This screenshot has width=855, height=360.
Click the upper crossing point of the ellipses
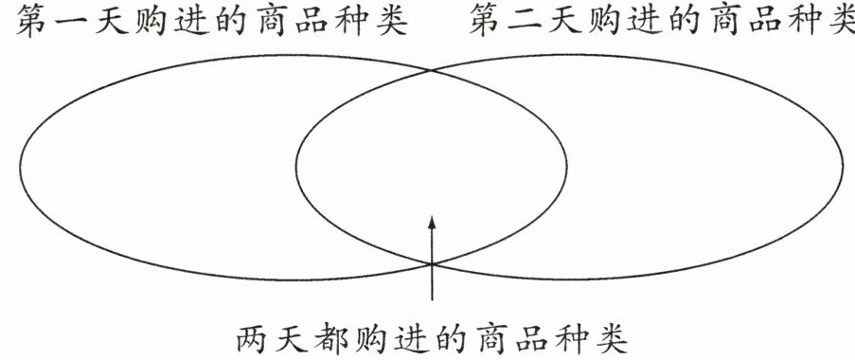point(432,70)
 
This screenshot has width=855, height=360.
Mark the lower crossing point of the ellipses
point(432,264)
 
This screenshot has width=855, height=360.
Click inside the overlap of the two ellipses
point(432,164)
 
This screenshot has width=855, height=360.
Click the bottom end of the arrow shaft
point(432,300)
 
